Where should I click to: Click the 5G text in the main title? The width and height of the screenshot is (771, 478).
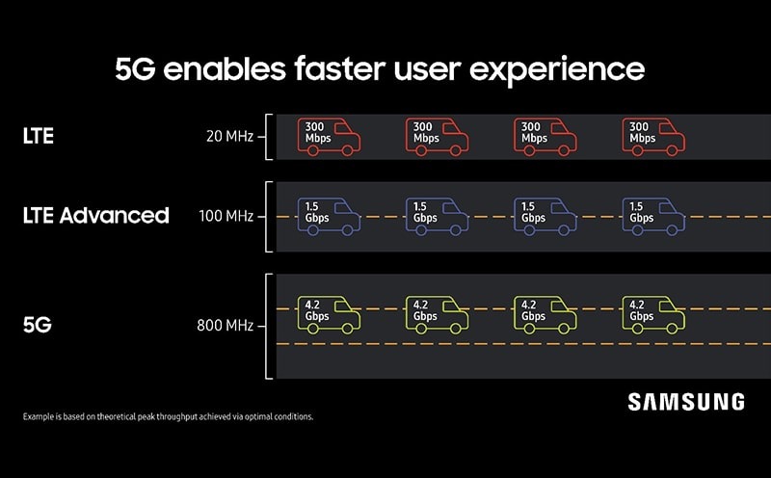pyautogui.click(x=135, y=68)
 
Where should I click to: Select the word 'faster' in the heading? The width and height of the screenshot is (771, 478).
pyautogui.click(x=340, y=68)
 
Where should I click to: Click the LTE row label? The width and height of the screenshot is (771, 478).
pyautogui.click(x=38, y=136)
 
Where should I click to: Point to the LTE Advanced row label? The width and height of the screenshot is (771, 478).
pyautogui.click(x=95, y=216)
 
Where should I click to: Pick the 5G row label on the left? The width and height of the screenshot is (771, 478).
pyautogui.click(x=37, y=325)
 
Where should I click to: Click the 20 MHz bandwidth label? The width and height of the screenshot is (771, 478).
pyautogui.click(x=229, y=136)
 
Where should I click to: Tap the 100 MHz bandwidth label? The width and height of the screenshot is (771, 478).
pyautogui.click(x=226, y=216)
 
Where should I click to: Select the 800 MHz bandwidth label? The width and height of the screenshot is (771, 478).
pyautogui.click(x=226, y=325)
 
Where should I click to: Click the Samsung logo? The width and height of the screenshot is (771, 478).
pyautogui.click(x=686, y=402)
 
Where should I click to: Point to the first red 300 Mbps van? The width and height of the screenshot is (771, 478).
pyautogui.click(x=329, y=137)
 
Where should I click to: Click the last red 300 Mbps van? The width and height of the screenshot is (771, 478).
pyautogui.click(x=653, y=137)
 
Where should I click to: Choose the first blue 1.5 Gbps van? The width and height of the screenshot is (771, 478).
pyautogui.click(x=329, y=217)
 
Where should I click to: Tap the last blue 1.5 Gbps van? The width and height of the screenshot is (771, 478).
pyautogui.click(x=653, y=217)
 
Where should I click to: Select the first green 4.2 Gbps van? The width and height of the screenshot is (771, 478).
pyautogui.click(x=329, y=315)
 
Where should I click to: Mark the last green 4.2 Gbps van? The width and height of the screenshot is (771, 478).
pyautogui.click(x=653, y=315)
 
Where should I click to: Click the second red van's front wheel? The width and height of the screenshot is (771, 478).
pyautogui.click(x=455, y=150)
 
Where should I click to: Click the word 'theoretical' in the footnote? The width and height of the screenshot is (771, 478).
pyautogui.click(x=117, y=416)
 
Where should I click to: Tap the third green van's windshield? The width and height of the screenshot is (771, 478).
pyautogui.click(x=559, y=306)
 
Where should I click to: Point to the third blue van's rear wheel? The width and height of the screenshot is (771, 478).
pyautogui.click(x=529, y=230)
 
